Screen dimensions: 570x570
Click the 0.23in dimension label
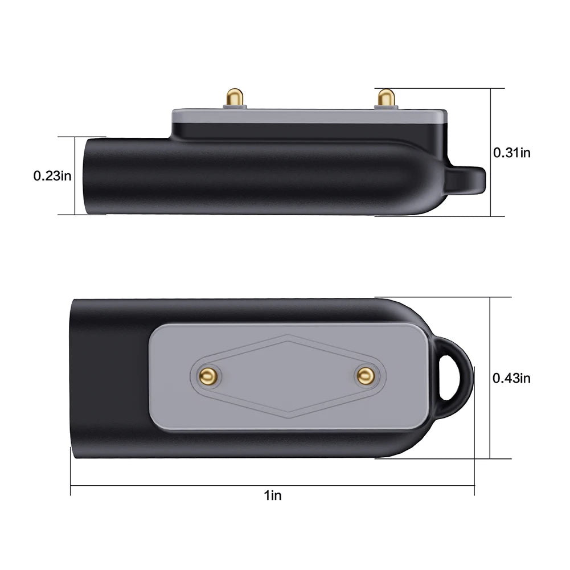(52, 176)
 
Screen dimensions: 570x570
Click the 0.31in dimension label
(512, 152)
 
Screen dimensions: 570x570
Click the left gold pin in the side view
(235, 97)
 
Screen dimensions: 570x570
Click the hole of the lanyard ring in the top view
(455, 375)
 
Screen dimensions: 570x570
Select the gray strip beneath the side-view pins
(307, 115)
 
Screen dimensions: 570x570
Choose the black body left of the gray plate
(108, 376)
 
